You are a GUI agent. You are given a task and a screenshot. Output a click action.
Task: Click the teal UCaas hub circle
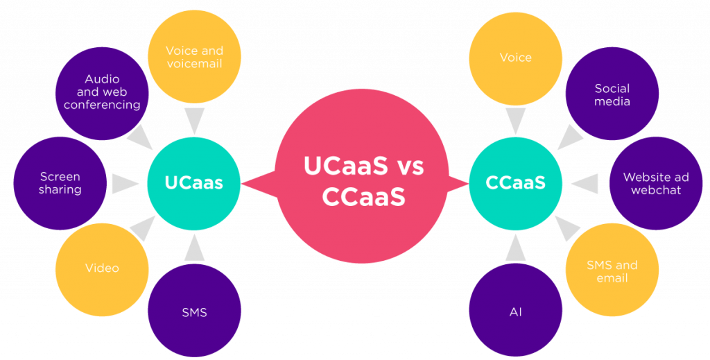(193, 183)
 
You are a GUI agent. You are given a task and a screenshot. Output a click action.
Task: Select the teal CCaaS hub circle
(515, 183)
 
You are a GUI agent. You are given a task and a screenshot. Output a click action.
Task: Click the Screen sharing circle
(60, 183)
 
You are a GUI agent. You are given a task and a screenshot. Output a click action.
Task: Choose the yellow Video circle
(102, 268)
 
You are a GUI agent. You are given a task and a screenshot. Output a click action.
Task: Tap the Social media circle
(612, 95)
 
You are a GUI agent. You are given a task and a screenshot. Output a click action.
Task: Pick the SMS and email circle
(612, 271)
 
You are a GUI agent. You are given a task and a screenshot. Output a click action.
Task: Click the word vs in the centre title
(401, 166)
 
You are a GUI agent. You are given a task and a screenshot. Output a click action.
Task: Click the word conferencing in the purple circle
(102, 105)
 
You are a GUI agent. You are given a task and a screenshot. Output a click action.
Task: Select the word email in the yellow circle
(612, 278)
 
